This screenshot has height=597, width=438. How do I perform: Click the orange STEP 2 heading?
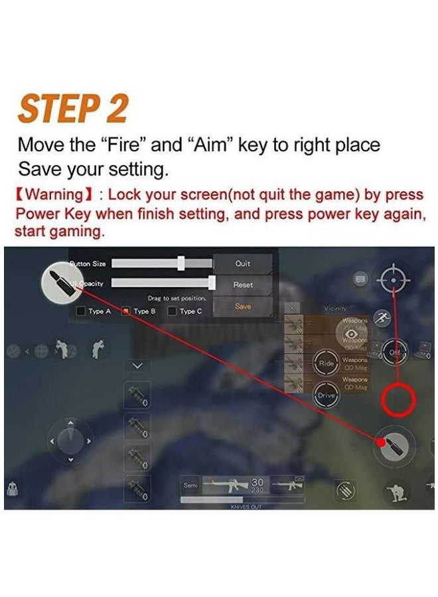pyautogui.click(x=72, y=109)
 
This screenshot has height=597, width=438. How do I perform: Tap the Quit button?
pyautogui.click(x=243, y=263)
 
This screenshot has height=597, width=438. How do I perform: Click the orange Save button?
pyautogui.click(x=243, y=306)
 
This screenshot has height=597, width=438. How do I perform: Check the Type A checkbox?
pyautogui.click(x=81, y=311)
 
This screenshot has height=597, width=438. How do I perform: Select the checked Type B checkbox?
pyautogui.click(x=125, y=311)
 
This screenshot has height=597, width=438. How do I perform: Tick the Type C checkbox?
pyautogui.click(x=172, y=311)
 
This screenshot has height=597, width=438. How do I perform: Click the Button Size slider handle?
pyautogui.click(x=181, y=263)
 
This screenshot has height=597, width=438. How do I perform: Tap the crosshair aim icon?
pyautogui.click(x=394, y=281)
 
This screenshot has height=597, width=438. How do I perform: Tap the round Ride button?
pyautogui.click(x=327, y=364)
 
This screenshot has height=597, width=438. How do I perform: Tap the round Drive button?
pyautogui.click(x=327, y=395)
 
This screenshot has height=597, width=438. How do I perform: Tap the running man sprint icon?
pyautogui.click(x=382, y=318)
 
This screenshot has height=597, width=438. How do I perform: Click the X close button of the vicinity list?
pyautogui.click(x=293, y=307)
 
